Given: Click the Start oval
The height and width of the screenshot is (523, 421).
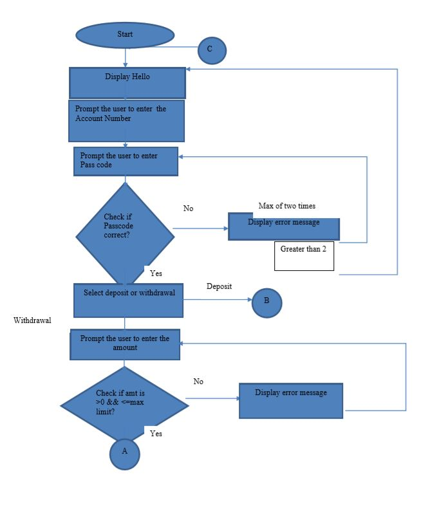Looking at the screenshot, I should (125, 35).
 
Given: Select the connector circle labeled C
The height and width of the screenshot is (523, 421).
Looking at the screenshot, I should (212, 50).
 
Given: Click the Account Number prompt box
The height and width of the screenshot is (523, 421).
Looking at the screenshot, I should (126, 120).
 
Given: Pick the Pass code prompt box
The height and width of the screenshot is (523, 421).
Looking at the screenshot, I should (126, 161).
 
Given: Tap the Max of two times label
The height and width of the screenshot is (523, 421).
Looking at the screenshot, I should (287, 206).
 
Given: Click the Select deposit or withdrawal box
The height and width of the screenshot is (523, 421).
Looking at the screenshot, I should (128, 300).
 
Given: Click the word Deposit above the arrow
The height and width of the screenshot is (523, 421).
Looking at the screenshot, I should (219, 286).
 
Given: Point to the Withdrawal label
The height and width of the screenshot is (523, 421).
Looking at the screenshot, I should (32, 320).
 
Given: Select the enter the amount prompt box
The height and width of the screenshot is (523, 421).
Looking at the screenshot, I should (125, 344).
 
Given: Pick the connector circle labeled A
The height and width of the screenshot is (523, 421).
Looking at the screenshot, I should (124, 452).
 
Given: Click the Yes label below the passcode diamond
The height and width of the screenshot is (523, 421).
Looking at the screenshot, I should (156, 273).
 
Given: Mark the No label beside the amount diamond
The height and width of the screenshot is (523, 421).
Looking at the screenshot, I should (198, 381).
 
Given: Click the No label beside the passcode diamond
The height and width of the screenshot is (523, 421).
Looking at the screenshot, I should (188, 208).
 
